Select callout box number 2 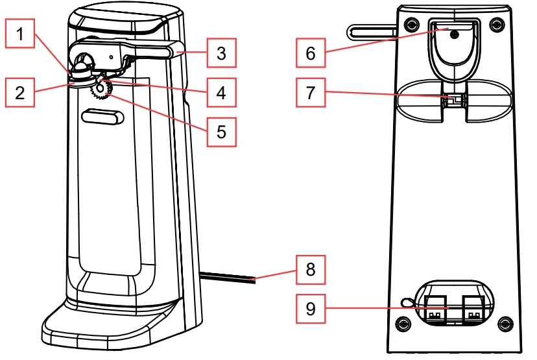coord(21,92)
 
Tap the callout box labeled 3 coord(221,53)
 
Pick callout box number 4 coord(221,92)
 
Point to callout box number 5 coord(221,132)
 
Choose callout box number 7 coord(311,92)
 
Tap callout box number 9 coord(311,308)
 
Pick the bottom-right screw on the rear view coord(507,322)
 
